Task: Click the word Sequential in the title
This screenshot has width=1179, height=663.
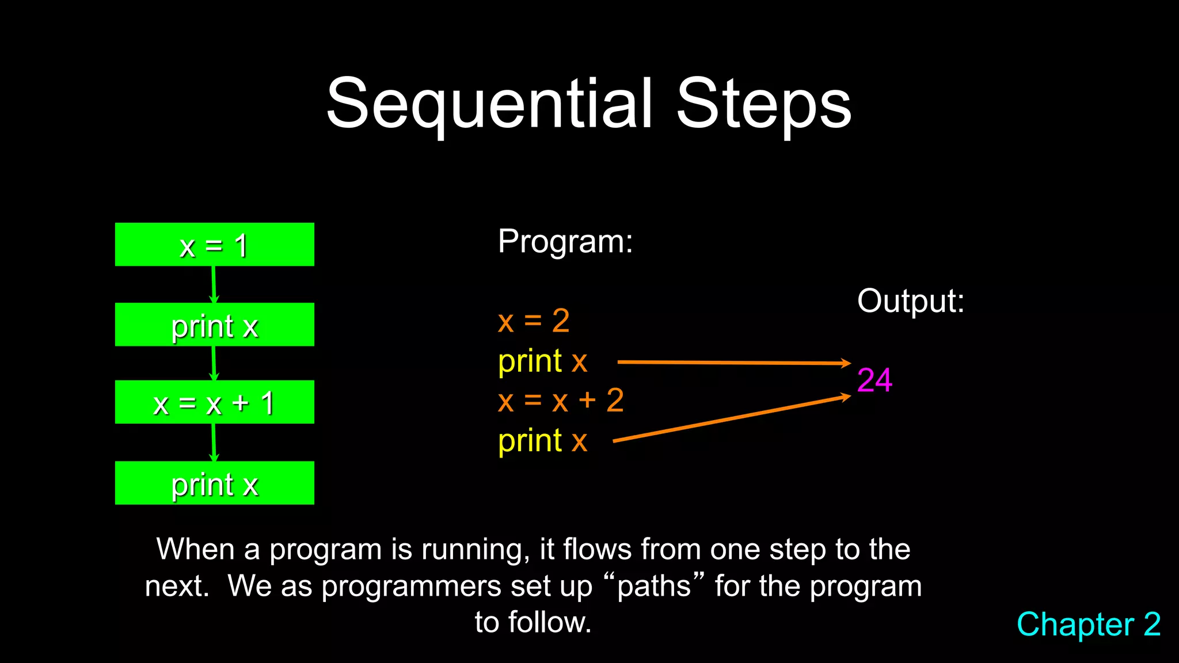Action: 489,105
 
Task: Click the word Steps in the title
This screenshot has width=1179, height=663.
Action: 763,105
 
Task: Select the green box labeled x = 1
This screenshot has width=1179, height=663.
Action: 214,245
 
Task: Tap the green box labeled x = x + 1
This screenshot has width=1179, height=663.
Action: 214,402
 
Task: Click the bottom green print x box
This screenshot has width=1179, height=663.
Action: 214,483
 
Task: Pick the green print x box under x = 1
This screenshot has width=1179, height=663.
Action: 214,325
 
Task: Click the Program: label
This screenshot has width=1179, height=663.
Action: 565,241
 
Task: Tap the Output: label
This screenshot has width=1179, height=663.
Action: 910,301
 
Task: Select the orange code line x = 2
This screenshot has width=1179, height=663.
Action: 534,321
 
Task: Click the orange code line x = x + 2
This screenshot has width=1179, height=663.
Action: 561,401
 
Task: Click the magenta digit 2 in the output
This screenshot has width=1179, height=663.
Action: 866,380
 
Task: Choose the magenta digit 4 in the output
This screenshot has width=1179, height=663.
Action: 884,380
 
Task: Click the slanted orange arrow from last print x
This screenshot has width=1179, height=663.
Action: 731,419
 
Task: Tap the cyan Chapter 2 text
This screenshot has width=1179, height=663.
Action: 1088,624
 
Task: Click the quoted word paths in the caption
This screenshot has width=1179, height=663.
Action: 654,587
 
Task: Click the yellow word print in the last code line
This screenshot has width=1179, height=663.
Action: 530,442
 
